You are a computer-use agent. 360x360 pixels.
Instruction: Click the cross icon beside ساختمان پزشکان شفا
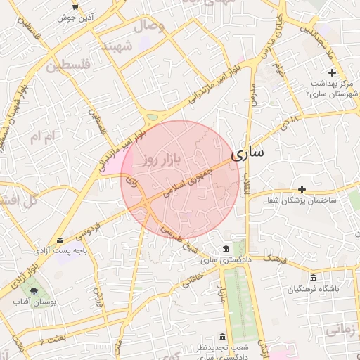click(x=302, y=189)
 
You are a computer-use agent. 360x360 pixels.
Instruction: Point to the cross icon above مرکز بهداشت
click(x=332, y=72)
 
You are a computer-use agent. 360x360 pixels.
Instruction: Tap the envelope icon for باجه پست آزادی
click(x=60, y=240)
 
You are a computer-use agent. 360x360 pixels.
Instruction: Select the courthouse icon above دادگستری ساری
click(x=224, y=250)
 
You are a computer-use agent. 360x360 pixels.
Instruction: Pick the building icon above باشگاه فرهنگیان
click(x=312, y=278)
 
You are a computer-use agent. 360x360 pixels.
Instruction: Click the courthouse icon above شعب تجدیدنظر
click(x=223, y=336)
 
